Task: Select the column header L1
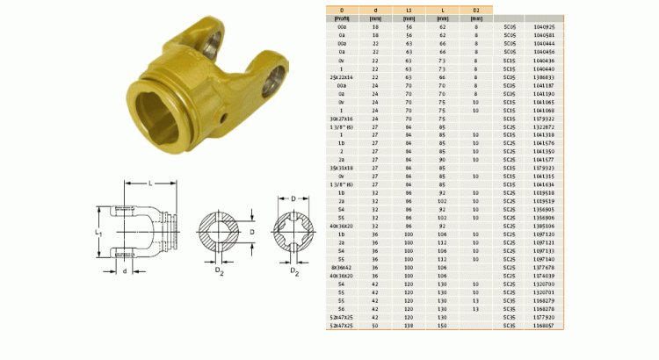[x=409, y=10]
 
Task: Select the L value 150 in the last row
[x=443, y=326]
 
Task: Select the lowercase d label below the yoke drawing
[x=125, y=271]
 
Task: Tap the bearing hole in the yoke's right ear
[x=273, y=81]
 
